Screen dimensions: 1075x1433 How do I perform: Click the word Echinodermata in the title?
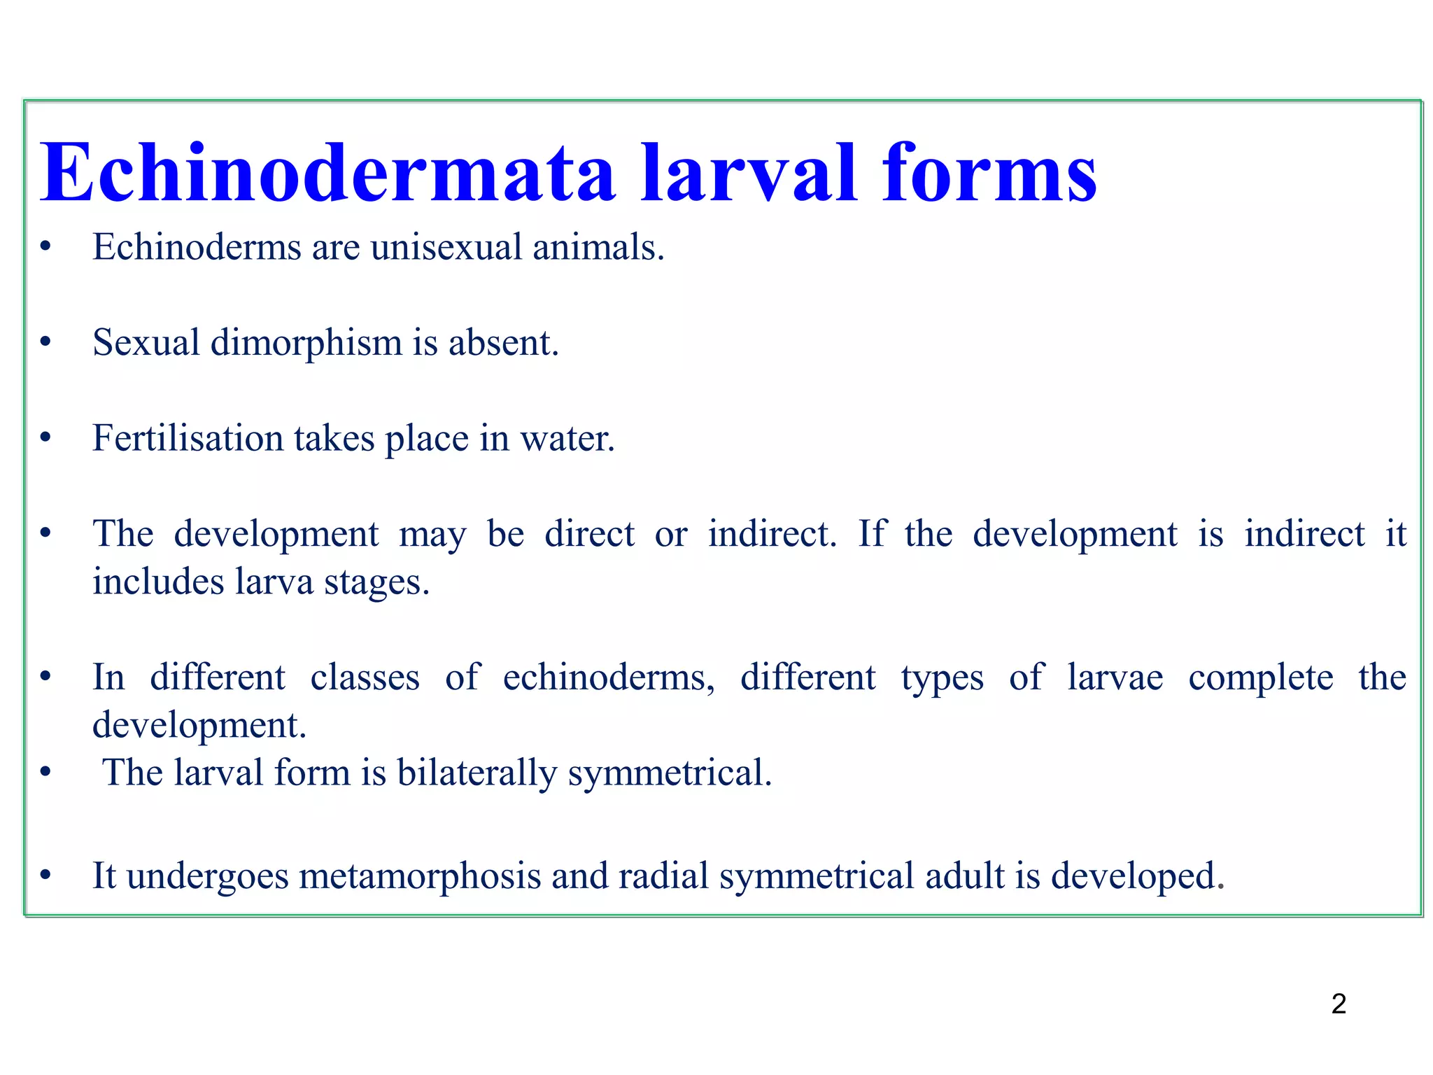coord(327,173)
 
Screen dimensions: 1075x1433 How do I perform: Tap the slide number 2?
coord(1339,1004)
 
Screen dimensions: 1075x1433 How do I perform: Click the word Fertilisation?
coord(188,439)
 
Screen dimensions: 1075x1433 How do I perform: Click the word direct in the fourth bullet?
coord(589,534)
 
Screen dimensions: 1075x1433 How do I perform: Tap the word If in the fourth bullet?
coord(870,534)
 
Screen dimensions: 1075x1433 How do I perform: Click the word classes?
coord(365,677)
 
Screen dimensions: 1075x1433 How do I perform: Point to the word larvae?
coord(1115,677)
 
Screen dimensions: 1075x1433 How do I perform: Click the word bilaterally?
coord(477,773)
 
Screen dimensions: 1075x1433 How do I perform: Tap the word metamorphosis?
coord(420,876)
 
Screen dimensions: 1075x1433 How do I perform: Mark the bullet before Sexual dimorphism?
coord(45,343)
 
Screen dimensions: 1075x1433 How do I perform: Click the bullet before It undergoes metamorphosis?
coord(45,876)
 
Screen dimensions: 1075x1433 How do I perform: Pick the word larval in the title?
coord(748,173)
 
